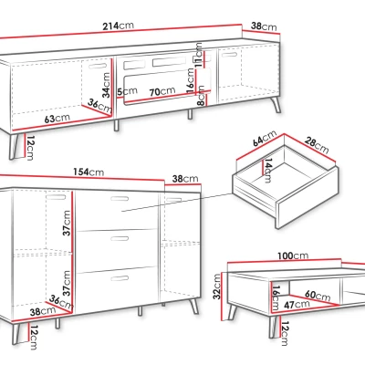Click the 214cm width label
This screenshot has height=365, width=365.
(118, 26)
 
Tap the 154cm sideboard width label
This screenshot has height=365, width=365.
(89, 172)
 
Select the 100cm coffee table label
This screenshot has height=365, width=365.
(293, 256)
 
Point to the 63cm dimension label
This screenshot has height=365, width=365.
(57, 118)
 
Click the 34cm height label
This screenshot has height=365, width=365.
(106, 85)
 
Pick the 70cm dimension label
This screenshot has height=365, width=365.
(162, 91)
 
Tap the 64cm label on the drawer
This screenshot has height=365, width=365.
(265, 138)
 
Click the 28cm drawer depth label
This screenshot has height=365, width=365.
(316, 145)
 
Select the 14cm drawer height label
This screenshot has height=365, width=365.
(267, 171)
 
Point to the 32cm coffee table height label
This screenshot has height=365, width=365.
(217, 287)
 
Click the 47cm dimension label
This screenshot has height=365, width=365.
(297, 304)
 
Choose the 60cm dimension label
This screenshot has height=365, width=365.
(318, 296)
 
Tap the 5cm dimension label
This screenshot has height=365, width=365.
(127, 91)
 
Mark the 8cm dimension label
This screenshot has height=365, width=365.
(201, 96)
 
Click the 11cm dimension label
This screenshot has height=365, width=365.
(198, 55)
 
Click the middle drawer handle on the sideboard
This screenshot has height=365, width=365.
(120, 238)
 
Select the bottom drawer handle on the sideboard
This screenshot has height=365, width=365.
(120, 278)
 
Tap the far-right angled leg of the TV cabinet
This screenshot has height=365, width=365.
(276, 104)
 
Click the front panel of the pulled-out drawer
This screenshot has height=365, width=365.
(307, 197)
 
